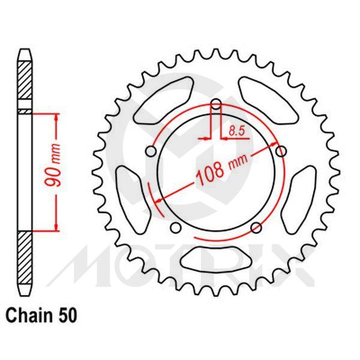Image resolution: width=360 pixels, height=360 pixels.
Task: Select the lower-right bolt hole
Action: pos(256,227)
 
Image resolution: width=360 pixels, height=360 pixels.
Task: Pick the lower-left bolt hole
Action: pos(175,227)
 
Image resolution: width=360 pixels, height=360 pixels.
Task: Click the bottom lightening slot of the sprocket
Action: pos(217,262)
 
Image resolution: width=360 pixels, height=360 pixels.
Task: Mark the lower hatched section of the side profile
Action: pos(23,258)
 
